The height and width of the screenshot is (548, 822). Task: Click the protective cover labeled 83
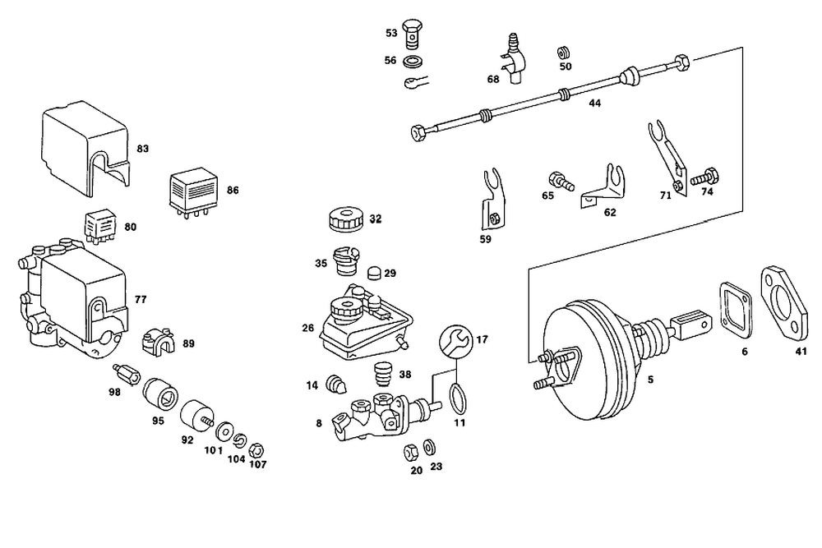tap(85, 148)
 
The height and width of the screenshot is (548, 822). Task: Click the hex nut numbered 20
tap(412, 453)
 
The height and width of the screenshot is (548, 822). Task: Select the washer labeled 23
tap(429, 448)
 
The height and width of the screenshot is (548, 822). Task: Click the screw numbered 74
tap(706, 177)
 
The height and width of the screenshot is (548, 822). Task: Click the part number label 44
tap(594, 104)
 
